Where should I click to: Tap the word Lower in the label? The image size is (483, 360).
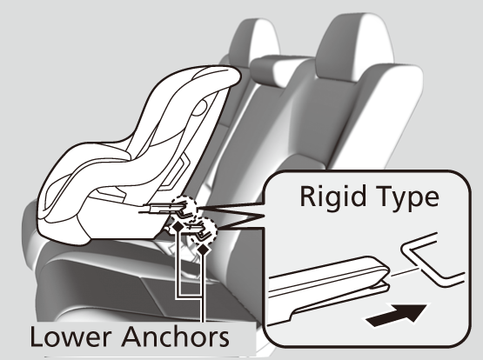pos(70,337)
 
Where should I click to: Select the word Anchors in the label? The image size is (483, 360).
pos(176,337)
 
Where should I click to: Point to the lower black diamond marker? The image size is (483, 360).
pos(203,250)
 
